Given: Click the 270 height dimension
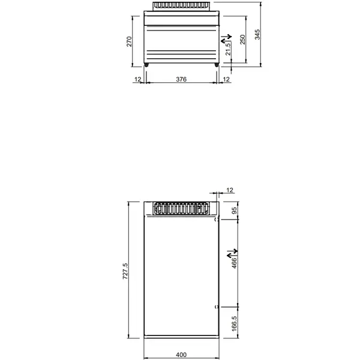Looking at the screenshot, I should coord(128,41).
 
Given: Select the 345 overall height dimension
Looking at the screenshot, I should coord(257,34).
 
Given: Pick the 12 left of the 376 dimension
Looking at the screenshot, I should coord(137,79).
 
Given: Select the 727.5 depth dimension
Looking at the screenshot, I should coord(125,272).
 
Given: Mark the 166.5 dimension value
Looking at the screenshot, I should coord(235,322).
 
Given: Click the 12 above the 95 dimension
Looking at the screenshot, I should coord(229,190).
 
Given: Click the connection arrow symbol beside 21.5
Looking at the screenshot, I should coord(226,40).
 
